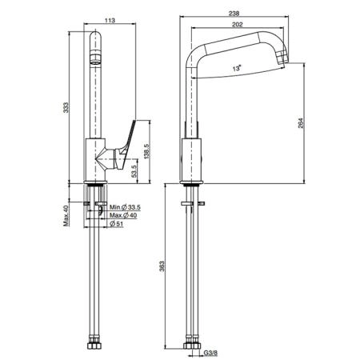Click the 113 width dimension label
click(110, 20)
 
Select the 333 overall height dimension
click(66, 107)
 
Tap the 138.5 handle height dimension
click(147, 151)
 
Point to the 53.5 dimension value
click(134, 171)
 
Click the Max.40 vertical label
click(66, 216)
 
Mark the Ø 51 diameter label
click(117, 224)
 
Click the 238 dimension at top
click(234, 13)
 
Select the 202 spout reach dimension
click(238, 25)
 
